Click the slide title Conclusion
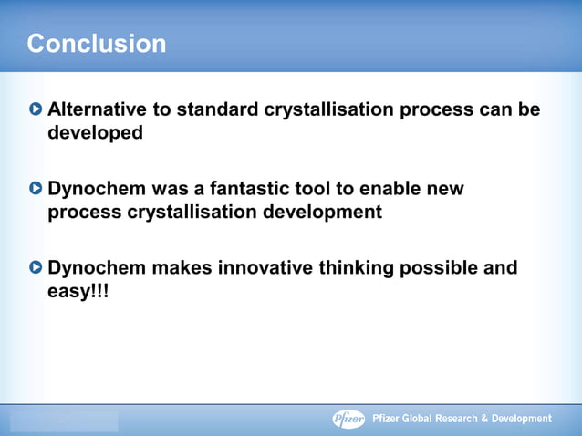coord(97,43)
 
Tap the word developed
coord(95,132)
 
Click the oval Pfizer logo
coord(348,419)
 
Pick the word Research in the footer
coord(462,419)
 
